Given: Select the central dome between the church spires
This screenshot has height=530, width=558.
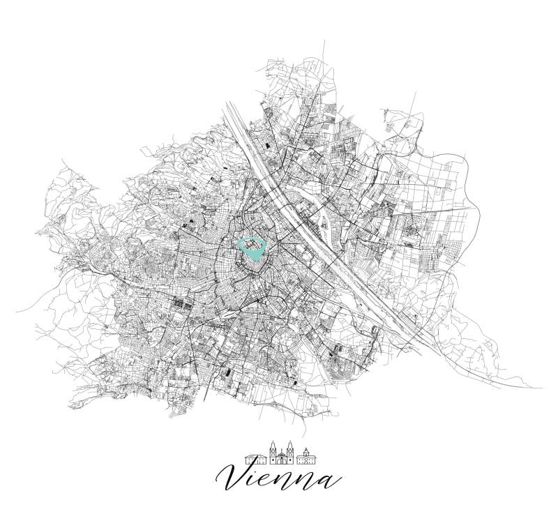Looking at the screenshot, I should pyautogui.click(x=282, y=453).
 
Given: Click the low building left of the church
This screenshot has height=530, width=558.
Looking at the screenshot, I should pyautogui.click(x=255, y=460).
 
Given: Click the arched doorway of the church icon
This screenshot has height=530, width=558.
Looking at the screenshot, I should pyautogui.click(x=282, y=461).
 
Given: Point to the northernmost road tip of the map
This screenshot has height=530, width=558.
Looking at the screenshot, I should pyautogui.click(x=324, y=41).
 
